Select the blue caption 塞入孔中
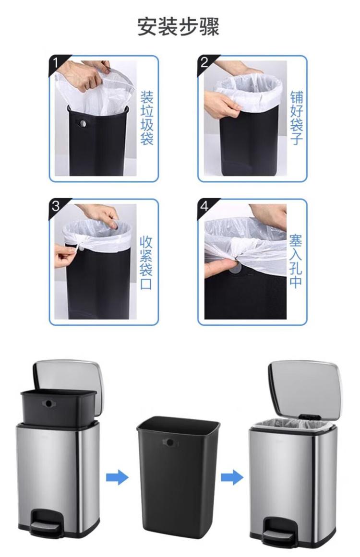coord(295,261)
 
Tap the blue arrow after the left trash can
coord(117,476)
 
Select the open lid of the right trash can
coord(304,389)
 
